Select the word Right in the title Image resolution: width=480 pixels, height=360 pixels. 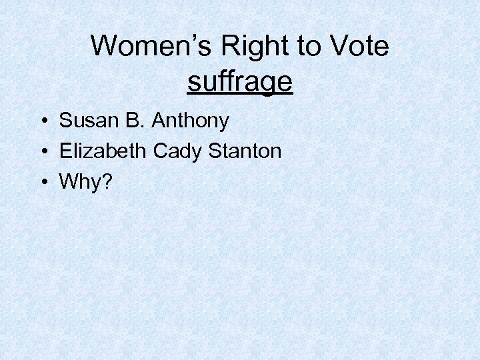pos(250,47)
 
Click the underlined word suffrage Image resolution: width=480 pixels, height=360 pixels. pos(240,81)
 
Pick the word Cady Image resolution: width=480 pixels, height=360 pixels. pos(179,151)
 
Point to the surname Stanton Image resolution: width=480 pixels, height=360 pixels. pos(245,151)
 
